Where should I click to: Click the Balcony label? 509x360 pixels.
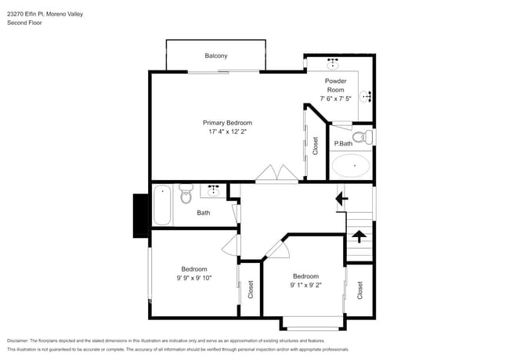(x=216, y=56)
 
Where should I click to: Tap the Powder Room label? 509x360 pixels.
(x=335, y=85)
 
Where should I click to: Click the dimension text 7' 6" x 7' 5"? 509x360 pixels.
(x=335, y=99)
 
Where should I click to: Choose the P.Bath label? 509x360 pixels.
(x=342, y=144)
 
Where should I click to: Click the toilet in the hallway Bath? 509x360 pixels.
(x=186, y=193)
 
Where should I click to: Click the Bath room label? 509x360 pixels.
(x=204, y=213)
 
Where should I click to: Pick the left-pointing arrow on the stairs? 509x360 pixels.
(x=341, y=200)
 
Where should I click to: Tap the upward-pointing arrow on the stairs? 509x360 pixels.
(x=358, y=235)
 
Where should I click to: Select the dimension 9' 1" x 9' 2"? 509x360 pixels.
(x=305, y=286)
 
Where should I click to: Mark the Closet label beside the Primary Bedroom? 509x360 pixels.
(x=316, y=146)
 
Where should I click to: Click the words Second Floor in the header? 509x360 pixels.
(x=24, y=23)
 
